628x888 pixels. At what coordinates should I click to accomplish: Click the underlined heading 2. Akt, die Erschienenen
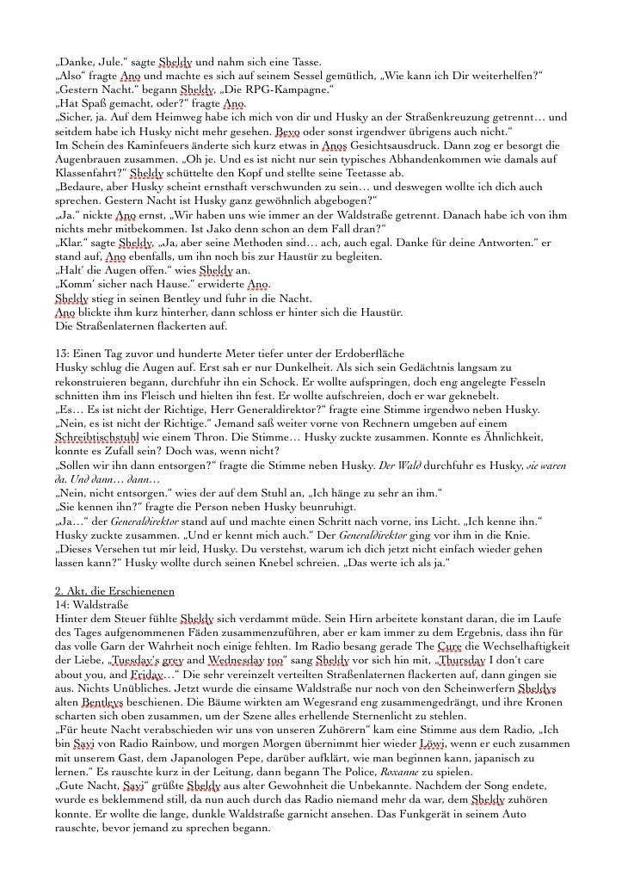point(114,591)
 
